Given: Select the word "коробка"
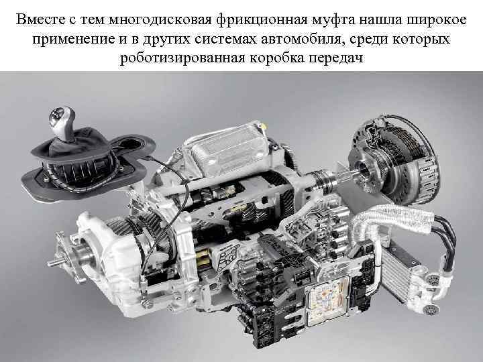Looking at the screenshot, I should tap(280, 59).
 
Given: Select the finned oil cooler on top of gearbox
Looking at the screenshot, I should tap(221, 144).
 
